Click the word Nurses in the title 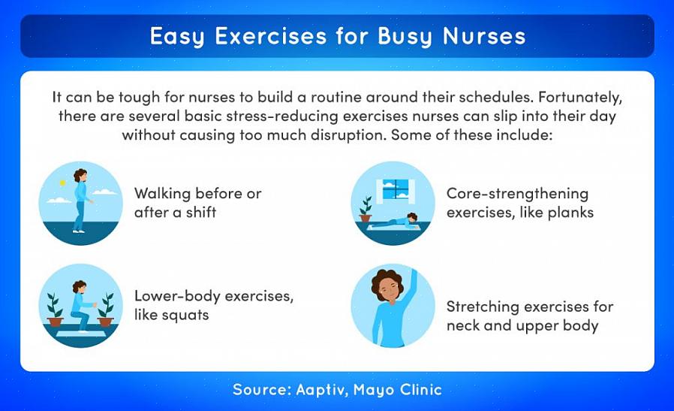(484, 36)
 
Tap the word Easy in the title (177, 37)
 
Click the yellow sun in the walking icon (63, 183)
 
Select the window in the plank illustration (396, 189)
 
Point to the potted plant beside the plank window (366, 210)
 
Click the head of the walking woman (81, 175)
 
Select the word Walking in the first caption (162, 194)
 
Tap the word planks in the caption (570, 213)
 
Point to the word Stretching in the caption (483, 307)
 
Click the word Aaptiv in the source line (321, 390)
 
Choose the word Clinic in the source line (421, 389)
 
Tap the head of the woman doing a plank (412, 218)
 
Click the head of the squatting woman (79, 287)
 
